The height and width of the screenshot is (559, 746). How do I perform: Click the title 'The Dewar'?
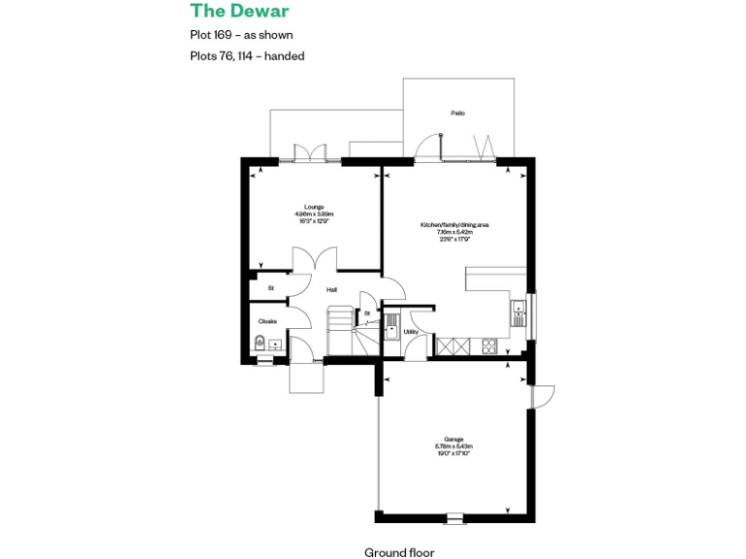239,12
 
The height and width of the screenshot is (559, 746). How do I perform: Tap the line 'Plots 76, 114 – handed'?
248,56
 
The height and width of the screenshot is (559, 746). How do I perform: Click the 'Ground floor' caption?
399,552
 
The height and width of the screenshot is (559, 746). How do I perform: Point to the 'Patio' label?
458,114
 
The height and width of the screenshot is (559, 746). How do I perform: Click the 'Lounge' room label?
314,207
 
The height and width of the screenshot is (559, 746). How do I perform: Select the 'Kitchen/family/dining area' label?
454,225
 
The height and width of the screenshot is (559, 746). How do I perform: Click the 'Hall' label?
331,289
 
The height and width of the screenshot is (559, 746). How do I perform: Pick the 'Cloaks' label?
267,321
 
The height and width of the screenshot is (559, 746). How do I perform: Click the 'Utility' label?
410,332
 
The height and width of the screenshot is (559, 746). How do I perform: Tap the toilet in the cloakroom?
258,343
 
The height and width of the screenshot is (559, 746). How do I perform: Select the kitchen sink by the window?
519,312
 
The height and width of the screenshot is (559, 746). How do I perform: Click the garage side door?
543,396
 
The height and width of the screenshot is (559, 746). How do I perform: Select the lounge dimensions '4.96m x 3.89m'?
314,214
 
